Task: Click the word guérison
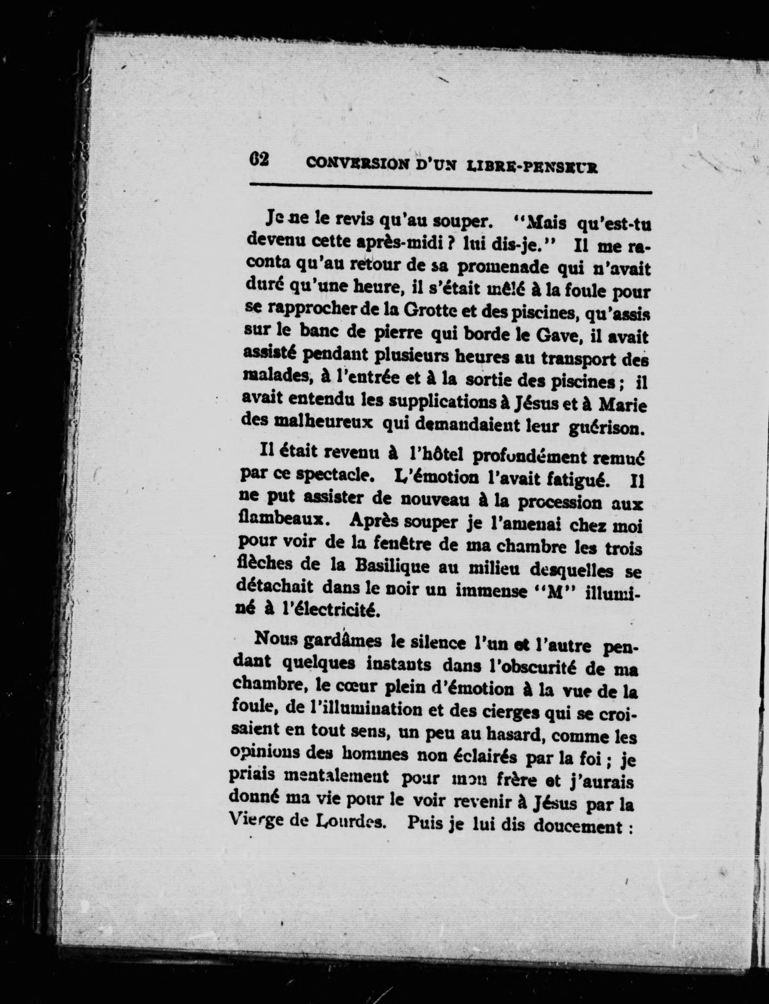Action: [607, 428]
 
